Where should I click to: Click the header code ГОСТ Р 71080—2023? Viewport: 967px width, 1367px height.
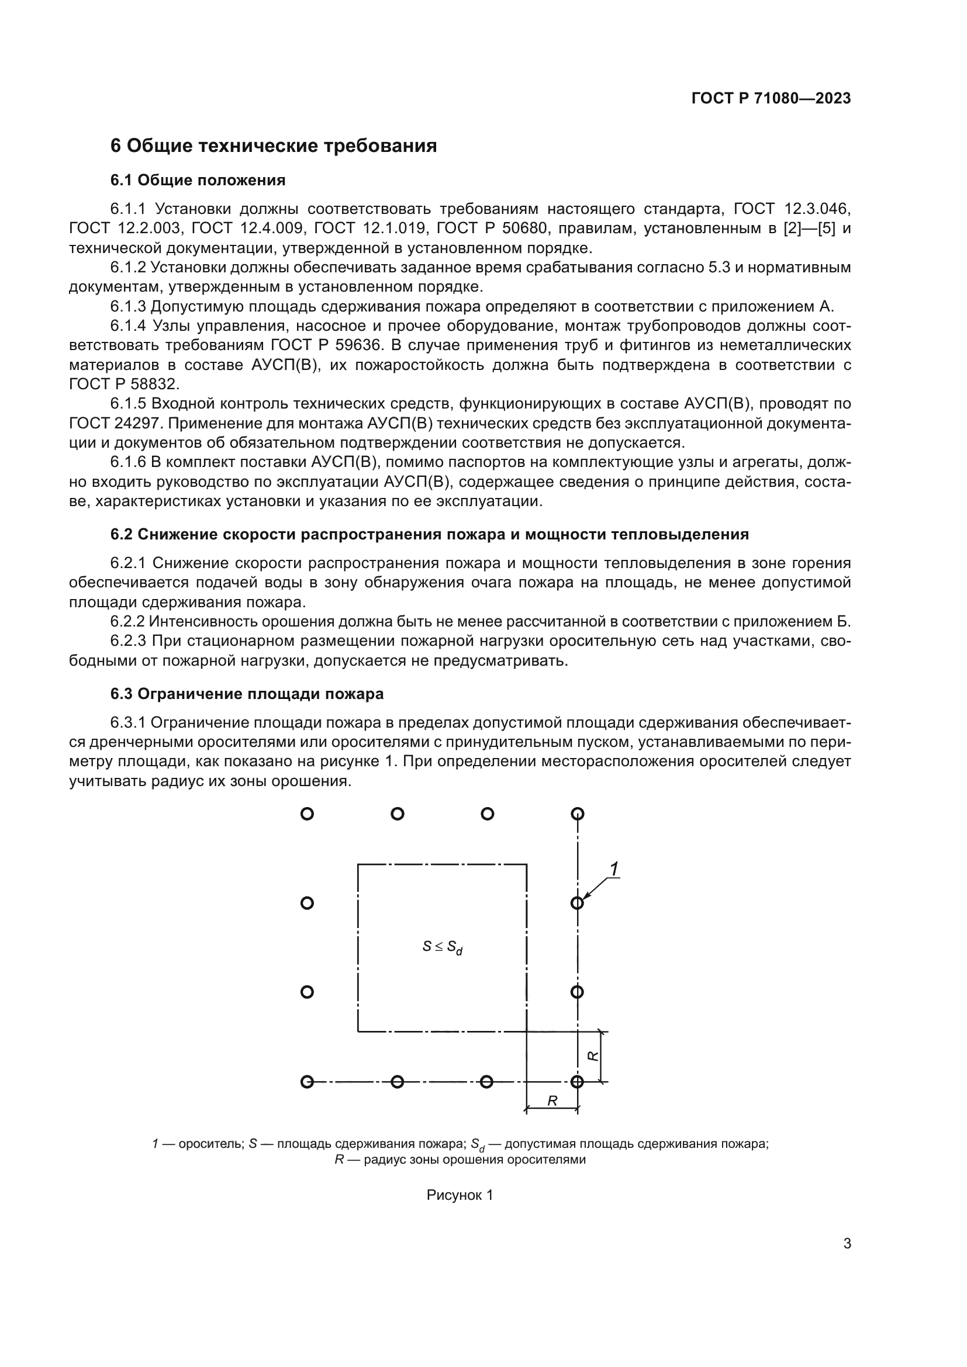(771, 99)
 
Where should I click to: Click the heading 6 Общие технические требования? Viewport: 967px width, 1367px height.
(273, 146)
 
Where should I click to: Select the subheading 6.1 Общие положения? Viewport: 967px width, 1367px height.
(198, 181)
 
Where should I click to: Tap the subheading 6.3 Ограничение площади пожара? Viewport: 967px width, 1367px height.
(247, 694)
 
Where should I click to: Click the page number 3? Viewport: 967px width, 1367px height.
(847, 1244)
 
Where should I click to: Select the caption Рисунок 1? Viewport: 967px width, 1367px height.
(460, 1195)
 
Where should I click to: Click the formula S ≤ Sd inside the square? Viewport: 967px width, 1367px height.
(443, 947)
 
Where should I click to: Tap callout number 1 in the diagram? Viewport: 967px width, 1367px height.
(614, 870)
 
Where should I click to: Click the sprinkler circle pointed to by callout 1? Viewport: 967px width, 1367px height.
(577, 903)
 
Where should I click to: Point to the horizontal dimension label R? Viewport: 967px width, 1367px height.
(552, 1102)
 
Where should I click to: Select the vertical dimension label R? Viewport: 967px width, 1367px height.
(593, 1055)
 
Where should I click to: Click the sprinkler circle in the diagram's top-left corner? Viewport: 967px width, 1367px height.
(308, 814)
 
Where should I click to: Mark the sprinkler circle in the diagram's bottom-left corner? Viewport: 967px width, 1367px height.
(308, 1082)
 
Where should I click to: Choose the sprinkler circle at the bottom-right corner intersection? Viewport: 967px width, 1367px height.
(577, 1082)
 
